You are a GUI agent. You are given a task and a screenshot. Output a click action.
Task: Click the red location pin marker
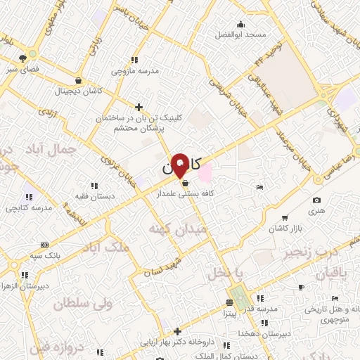click(180, 165)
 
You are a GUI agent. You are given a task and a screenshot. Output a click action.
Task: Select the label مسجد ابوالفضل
click(240, 34)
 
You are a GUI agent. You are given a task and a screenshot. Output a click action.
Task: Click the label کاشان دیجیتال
click(82, 91)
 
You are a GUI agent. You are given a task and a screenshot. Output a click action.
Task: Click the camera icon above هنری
click(316, 200)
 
